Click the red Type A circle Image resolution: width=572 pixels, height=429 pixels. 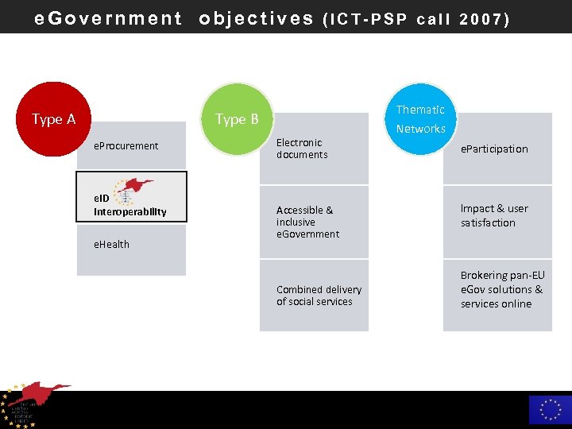[52, 119]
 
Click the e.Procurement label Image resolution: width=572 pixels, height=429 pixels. [126, 146]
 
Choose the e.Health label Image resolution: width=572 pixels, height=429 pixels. [112, 244]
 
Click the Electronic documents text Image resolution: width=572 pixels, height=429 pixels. [302, 149]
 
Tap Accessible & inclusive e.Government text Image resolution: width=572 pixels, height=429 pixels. [307, 222]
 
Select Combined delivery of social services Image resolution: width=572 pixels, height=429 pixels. [319, 296]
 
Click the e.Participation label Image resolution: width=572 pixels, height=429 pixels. [494, 149]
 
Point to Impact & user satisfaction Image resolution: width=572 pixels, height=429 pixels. [494, 215]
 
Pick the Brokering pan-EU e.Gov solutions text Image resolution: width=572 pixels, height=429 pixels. [502, 289]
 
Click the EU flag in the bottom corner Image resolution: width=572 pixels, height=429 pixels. [550, 410]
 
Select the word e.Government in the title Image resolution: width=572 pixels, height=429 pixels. [108, 18]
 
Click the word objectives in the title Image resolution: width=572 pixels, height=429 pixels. [256, 18]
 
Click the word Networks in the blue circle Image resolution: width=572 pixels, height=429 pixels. [421, 129]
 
